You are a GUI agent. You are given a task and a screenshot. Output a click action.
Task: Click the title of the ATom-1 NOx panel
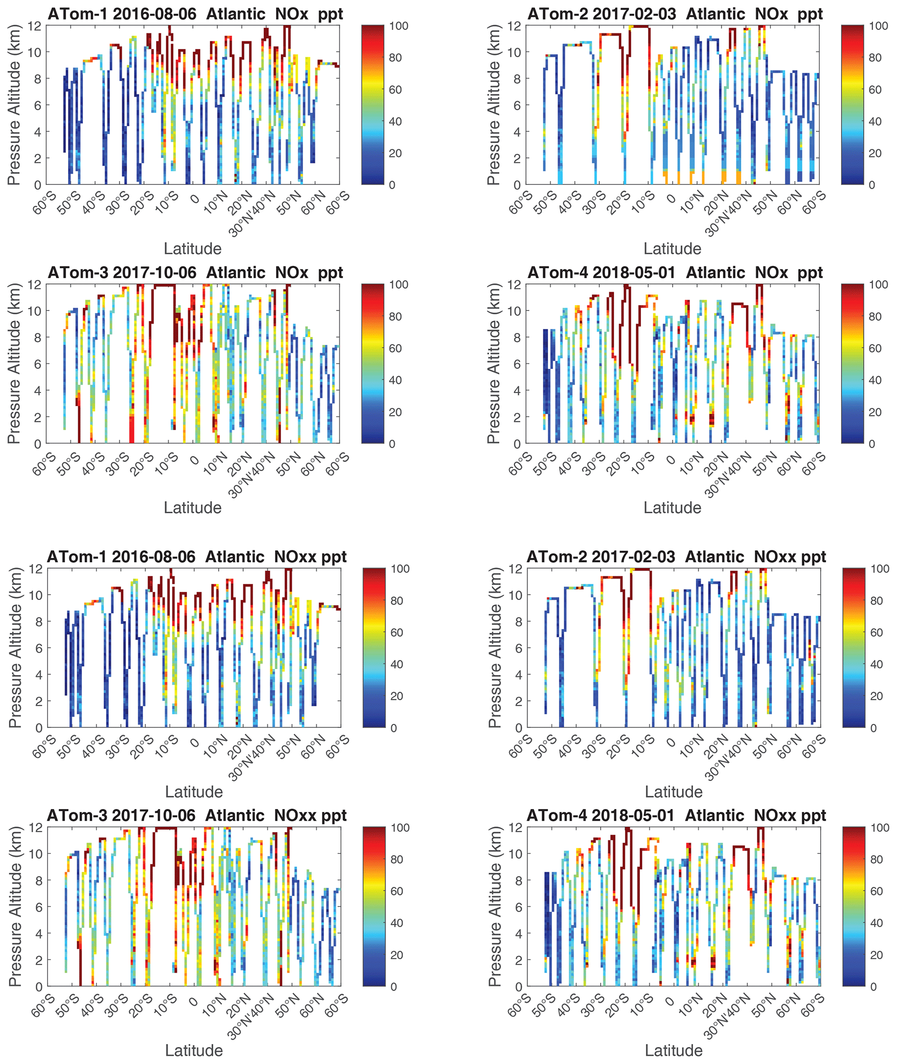[x=195, y=14]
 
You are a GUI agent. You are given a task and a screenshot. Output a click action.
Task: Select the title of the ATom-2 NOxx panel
[x=676, y=557]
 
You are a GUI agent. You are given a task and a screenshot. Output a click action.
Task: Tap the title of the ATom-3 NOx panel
[x=195, y=273]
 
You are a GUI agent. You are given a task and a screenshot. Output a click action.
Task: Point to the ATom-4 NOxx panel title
[x=676, y=815]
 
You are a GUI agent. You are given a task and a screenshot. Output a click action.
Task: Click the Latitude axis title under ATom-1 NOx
[x=192, y=249]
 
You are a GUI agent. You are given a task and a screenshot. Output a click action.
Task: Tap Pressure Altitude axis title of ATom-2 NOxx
[x=495, y=647]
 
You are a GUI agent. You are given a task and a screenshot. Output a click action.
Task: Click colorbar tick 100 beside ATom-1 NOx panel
[x=399, y=26]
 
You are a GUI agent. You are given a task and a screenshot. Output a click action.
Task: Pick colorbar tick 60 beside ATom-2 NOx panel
[x=875, y=89]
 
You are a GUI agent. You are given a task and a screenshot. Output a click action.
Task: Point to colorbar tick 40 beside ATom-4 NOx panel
[x=875, y=380]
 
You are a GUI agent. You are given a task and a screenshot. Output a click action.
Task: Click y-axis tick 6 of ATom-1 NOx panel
[x=37, y=105]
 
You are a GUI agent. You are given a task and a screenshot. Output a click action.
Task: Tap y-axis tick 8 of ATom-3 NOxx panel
[x=38, y=880]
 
